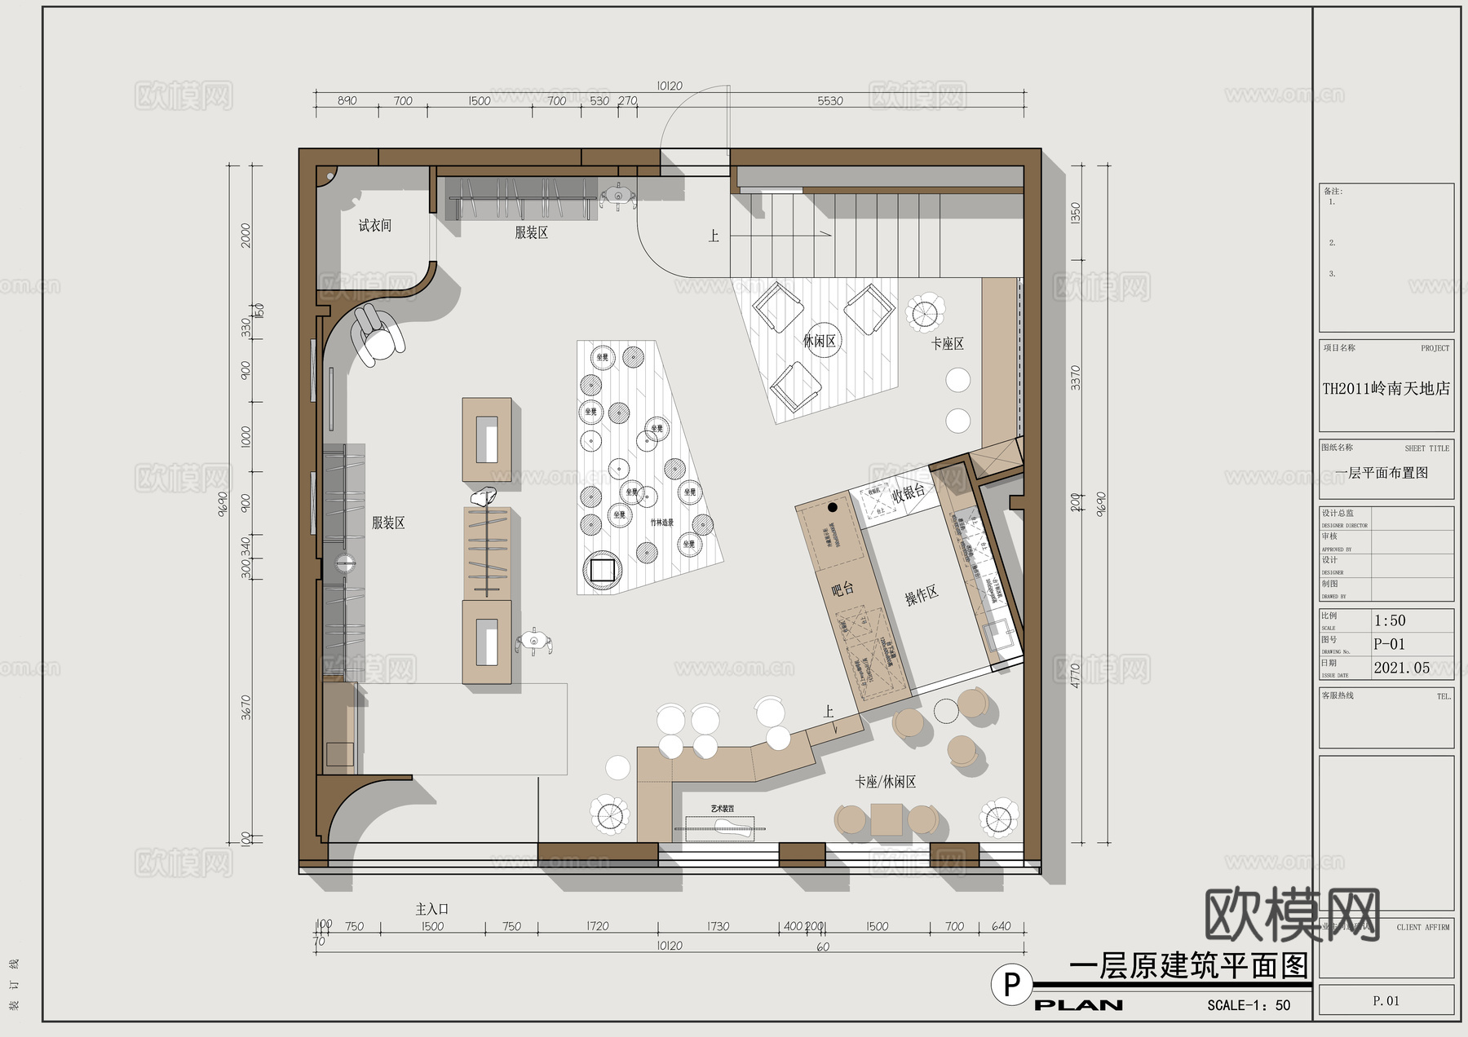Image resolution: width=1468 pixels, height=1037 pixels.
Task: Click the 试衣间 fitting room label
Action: point(375,226)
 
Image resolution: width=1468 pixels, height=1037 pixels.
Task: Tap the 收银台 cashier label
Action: point(909,492)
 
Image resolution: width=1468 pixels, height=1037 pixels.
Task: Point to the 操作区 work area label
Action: point(922,596)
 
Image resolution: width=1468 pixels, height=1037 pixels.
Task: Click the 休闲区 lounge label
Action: point(819,341)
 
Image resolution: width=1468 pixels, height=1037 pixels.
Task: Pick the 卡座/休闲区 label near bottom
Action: point(885,782)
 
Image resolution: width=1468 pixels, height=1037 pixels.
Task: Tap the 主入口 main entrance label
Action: point(432,909)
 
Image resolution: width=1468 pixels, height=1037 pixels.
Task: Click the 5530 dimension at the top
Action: point(830,101)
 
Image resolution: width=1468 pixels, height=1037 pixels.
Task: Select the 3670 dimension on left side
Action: point(246,707)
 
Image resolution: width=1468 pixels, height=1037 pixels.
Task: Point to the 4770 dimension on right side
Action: point(1075,676)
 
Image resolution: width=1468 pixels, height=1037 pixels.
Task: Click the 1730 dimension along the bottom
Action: point(718,926)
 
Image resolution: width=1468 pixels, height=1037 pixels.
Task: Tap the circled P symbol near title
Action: point(1011,985)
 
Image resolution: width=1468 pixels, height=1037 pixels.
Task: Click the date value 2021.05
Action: point(1401,668)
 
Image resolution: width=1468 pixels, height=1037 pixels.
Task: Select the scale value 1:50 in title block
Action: point(1390,620)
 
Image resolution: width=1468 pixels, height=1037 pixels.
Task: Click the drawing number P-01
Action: point(1389,644)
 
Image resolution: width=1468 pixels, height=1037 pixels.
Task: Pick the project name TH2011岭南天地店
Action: point(1386,389)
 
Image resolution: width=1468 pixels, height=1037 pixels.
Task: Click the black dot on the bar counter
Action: point(832,507)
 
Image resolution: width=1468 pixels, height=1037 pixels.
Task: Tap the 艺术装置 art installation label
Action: point(722,809)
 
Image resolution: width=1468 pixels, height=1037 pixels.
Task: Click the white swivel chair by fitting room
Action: point(377,337)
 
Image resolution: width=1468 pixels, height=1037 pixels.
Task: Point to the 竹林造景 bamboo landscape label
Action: point(661,523)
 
